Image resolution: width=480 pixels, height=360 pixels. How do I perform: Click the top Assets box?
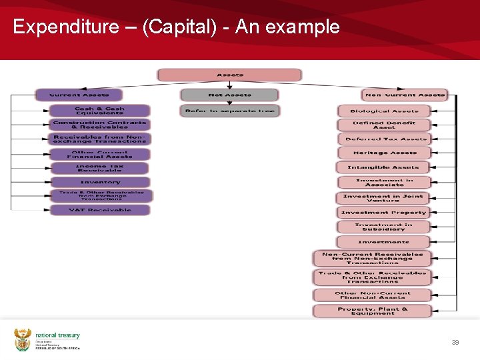(x=230, y=75)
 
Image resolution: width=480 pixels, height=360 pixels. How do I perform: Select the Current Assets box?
(x=79, y=95)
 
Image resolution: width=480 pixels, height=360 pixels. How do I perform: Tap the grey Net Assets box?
(x=229, y=95)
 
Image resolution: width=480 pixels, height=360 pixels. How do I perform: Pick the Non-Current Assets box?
(x=405, y=95)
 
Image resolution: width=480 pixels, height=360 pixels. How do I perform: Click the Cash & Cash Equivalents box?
(x=99, y=111)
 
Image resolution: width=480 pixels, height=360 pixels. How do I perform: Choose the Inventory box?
(x=100, y=182)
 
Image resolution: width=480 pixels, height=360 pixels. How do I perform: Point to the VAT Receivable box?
(x=100, y=210)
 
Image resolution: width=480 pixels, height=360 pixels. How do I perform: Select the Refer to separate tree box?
(x=229, y=111)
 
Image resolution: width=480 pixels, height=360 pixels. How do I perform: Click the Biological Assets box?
(x=384, y=111)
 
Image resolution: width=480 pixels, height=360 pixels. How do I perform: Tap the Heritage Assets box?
(x=384, y=153)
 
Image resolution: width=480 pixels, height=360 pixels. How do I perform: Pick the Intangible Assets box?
(x=384, y=167)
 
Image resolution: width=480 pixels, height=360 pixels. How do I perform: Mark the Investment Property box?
(x=383, y=213)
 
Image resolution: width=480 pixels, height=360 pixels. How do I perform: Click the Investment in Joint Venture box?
(x=383, y=198)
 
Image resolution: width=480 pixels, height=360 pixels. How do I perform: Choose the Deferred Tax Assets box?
(x=384, y=139)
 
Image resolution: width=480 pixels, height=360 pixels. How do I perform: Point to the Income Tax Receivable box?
(x=100, y=168)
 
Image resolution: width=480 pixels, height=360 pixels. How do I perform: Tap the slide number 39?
(x=455, y=342)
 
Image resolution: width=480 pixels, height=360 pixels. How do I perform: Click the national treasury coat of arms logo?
(x=23, y=339)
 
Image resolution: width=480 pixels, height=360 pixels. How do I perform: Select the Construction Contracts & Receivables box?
(x=99, y=125)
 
